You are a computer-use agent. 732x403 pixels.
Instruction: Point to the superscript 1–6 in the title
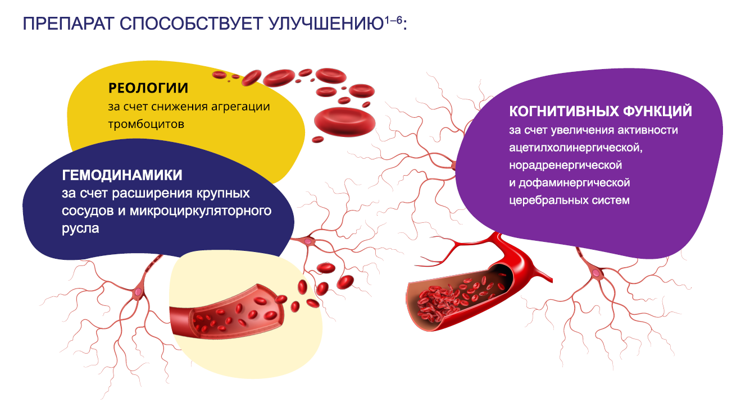393,20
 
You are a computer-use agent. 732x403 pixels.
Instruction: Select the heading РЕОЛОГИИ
148,88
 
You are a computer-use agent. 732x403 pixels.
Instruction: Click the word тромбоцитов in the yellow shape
146,124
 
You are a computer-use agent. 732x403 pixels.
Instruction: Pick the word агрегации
240,107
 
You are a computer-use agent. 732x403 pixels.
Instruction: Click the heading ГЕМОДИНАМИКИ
122,175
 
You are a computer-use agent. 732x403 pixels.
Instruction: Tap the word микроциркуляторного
201,211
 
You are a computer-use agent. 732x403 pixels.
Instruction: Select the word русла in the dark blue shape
80,228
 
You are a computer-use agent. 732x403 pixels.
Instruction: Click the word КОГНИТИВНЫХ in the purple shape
564,111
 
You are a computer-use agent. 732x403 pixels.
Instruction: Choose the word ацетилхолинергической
576,148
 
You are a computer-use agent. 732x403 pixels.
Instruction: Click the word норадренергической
565,165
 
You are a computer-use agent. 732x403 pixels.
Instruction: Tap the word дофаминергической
574,183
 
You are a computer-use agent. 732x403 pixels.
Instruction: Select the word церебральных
547,200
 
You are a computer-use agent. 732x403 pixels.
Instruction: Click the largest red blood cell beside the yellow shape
344,121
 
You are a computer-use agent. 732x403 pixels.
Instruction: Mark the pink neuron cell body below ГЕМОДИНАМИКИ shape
138,292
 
